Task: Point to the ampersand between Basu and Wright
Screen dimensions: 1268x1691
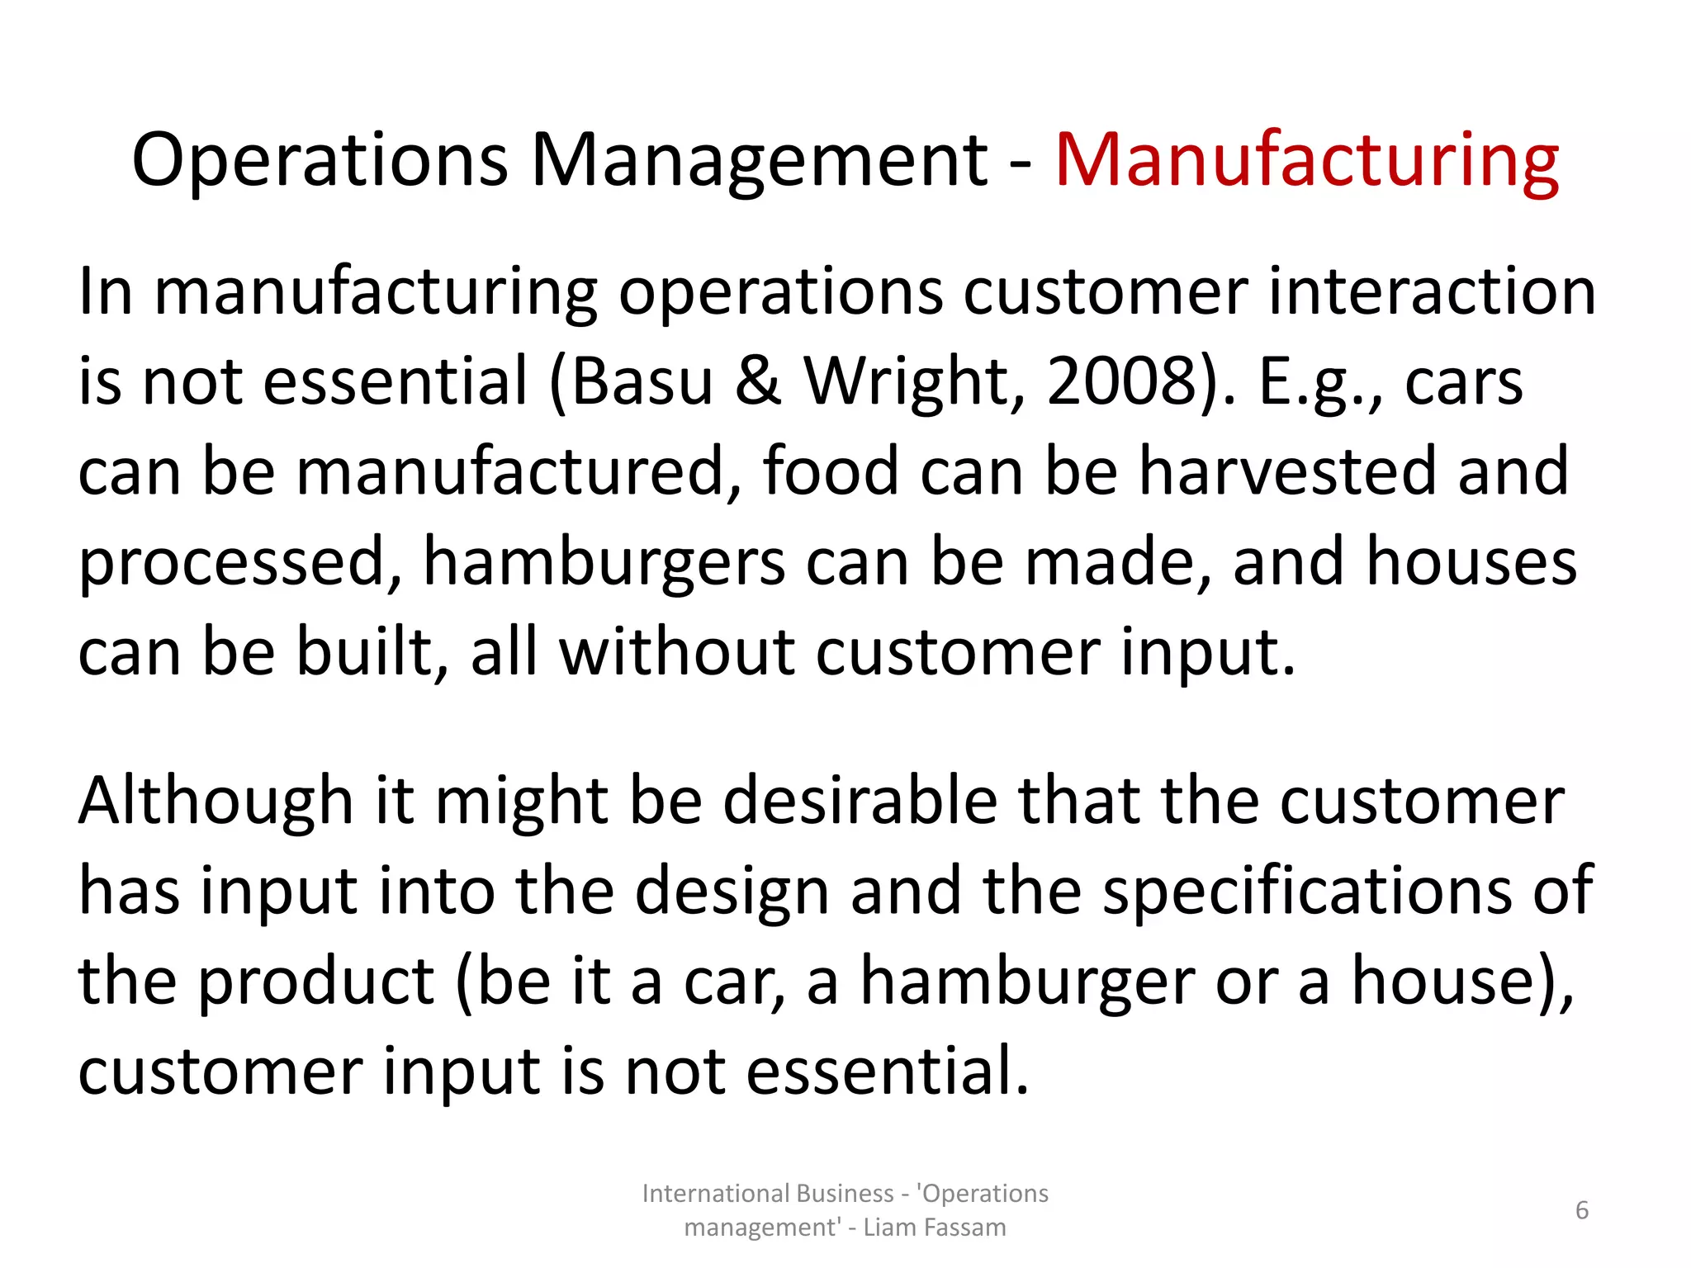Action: (757, 381)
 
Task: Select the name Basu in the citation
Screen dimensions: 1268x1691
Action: (642, 381)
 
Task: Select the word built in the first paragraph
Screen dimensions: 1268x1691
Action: (363, 651)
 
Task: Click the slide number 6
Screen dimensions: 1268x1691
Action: (1582, 1210)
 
